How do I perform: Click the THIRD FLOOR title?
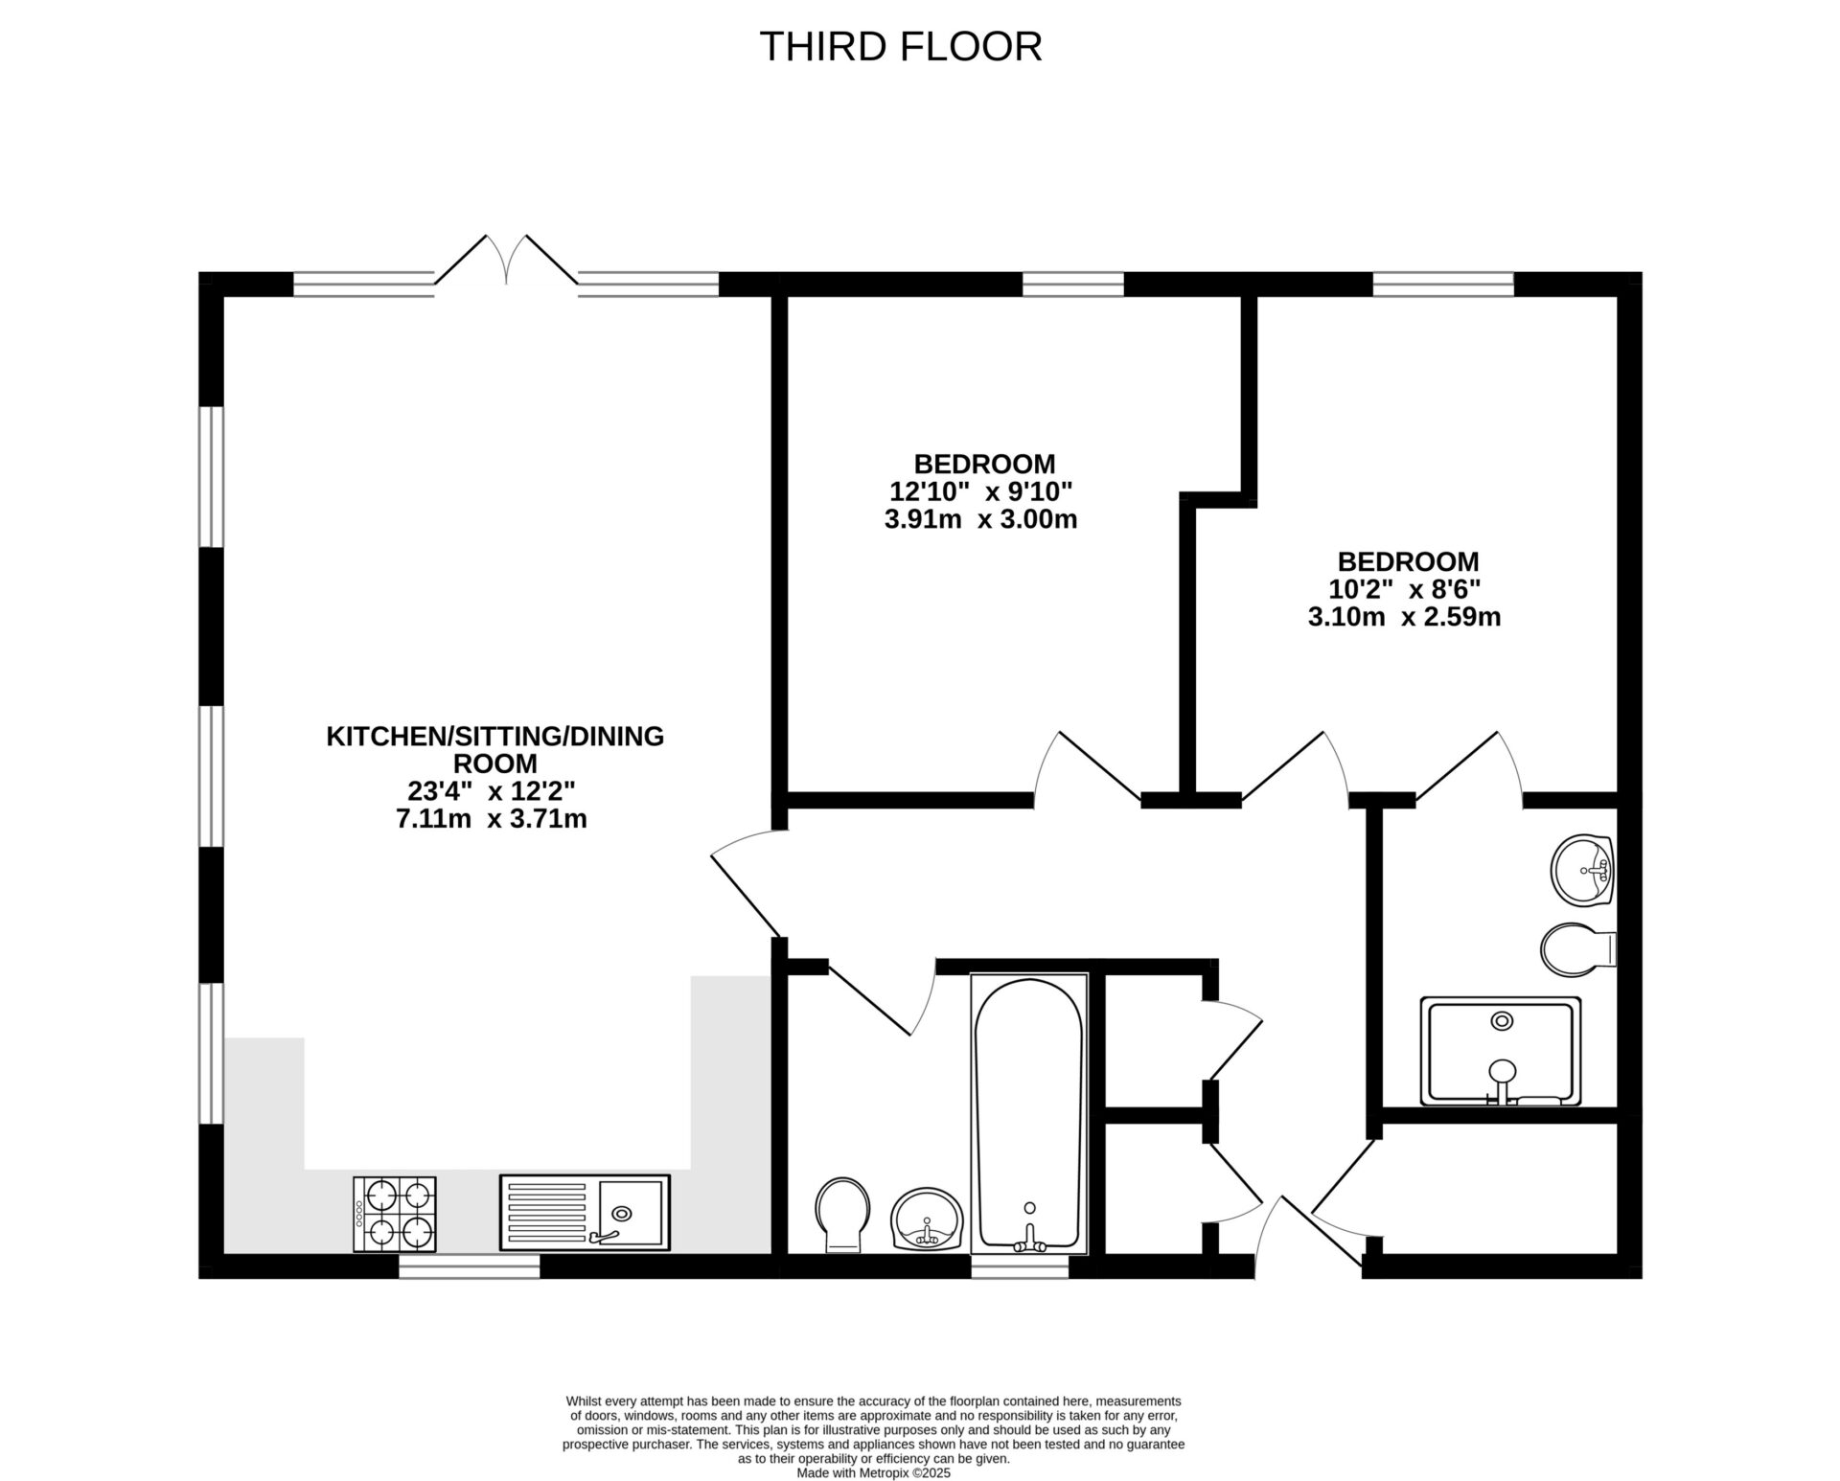point(900,46)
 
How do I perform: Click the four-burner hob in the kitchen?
point(395,1214)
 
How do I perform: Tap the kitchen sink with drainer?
point(584,1212)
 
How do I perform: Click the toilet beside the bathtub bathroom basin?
point(842,1214)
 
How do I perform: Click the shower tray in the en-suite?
point(1500,1051)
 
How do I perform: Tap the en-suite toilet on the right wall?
point(1576,948)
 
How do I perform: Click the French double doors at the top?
point(506,260)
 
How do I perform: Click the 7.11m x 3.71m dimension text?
point(492,819)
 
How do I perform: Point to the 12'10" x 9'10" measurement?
point(980,491)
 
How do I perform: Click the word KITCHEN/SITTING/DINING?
point(494,736)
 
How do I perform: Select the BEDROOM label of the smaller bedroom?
point(1408,561)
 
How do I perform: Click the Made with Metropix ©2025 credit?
point(873,1473)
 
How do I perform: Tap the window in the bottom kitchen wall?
point(469,1266)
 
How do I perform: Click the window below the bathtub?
point(1020,1266)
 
